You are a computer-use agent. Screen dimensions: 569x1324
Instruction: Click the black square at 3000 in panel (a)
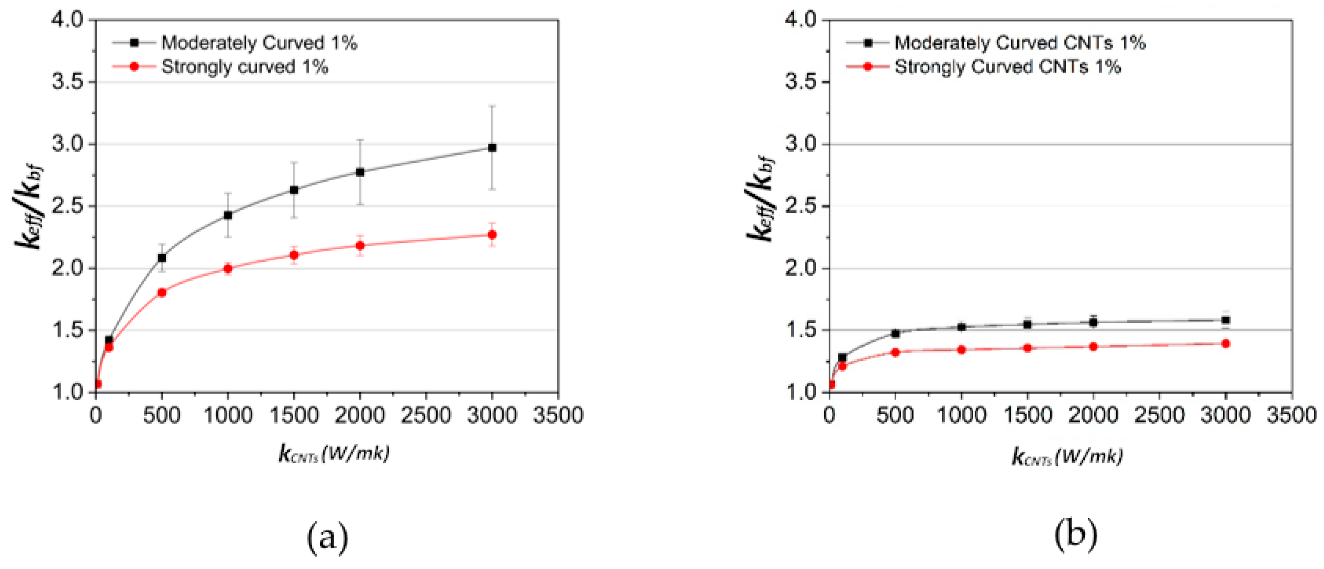(492, 148)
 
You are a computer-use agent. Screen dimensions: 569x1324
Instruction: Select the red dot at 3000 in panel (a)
(492, 235)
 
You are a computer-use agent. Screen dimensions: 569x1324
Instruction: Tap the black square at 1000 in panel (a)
(228, 215)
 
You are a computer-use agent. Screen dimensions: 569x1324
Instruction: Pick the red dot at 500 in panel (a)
(162, 292)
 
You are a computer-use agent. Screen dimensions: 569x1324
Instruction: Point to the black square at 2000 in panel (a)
(360, 172)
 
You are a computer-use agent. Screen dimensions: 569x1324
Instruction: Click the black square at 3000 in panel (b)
(1226, 320)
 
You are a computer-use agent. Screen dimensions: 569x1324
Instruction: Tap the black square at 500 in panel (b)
(895, 334)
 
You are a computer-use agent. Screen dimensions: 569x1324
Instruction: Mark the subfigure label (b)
(1076, 534)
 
